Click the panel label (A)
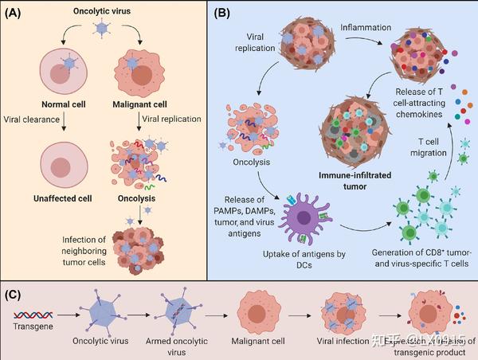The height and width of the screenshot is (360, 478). click(x=18, y=14)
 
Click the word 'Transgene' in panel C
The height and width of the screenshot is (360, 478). click(x=29, y=326)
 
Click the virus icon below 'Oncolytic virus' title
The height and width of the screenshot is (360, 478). click(x=100, y=28)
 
